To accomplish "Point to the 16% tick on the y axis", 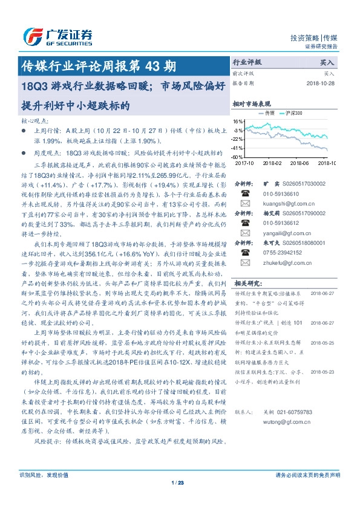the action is click(238, 122).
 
